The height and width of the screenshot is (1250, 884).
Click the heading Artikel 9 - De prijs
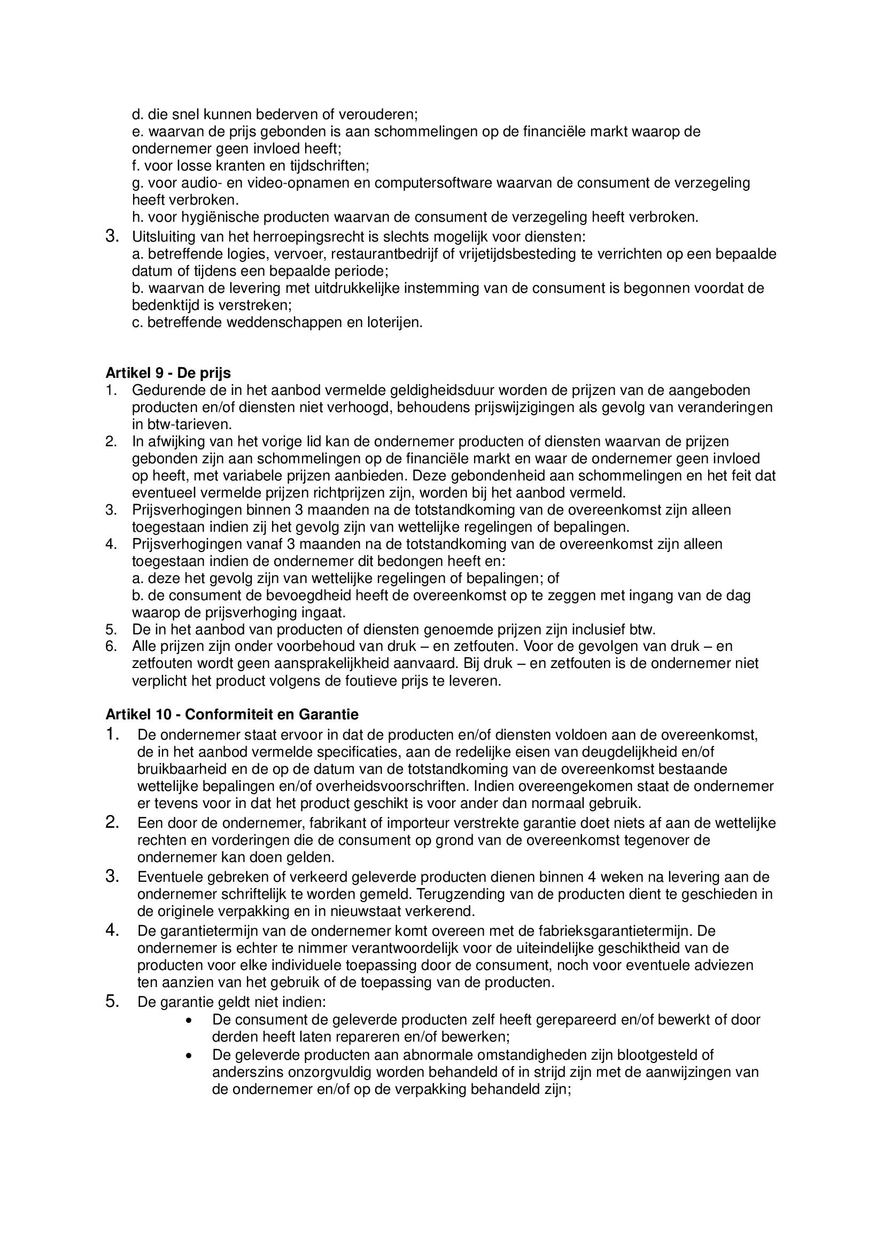click(x=168, y=373)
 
